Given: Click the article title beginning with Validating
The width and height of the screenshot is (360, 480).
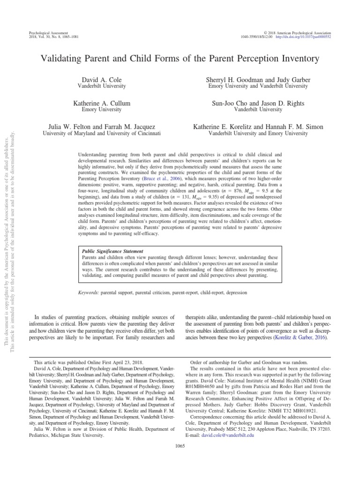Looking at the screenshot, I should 180,59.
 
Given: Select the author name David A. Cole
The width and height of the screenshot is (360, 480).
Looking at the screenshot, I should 101,80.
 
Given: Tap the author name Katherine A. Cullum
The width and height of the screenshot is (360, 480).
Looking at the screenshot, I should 101,103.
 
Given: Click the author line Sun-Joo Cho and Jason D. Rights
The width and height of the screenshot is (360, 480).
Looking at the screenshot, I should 258,103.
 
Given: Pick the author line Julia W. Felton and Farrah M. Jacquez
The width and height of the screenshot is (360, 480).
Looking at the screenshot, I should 102,127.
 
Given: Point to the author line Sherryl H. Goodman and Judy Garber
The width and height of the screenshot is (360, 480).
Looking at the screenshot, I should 258,80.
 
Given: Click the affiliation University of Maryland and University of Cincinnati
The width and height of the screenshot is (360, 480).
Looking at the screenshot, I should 102,133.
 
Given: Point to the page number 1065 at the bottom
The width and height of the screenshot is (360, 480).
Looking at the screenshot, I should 180,445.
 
